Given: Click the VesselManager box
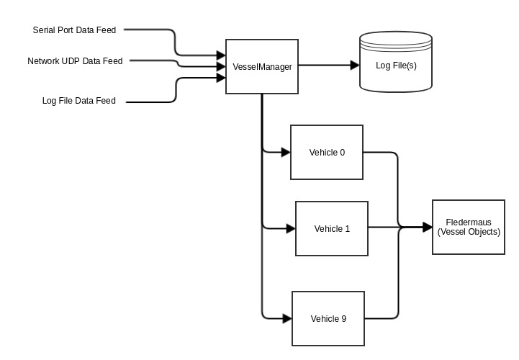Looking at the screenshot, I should pos(262,66).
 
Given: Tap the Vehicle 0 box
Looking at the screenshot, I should pos(327,152).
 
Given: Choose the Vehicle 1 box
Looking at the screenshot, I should pos(332,229).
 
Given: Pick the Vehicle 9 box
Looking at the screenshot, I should pos(328,318).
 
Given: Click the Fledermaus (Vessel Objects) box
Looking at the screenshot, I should pos(469,227).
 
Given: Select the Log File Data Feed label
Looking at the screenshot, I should pos(79,101).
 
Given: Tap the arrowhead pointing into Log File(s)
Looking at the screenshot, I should pos(355,65).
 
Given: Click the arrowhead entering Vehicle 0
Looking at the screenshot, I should pos(285,152).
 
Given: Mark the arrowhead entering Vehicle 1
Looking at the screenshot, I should pos(291,229).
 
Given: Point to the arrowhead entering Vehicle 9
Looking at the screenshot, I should pos(286,318).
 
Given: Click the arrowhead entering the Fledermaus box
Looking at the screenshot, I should pos(428,227).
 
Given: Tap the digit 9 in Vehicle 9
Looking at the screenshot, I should pos(343,318).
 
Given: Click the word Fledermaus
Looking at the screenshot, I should pos(469,222).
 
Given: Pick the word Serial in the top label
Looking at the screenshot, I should pos(45,30).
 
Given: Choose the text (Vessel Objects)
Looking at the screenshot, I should pos(469,232).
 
